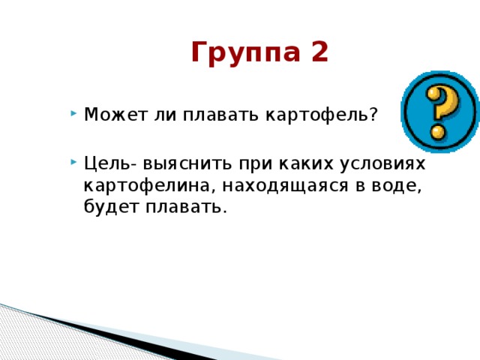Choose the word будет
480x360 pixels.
[107, 207]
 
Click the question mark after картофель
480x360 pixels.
[373, 115]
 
